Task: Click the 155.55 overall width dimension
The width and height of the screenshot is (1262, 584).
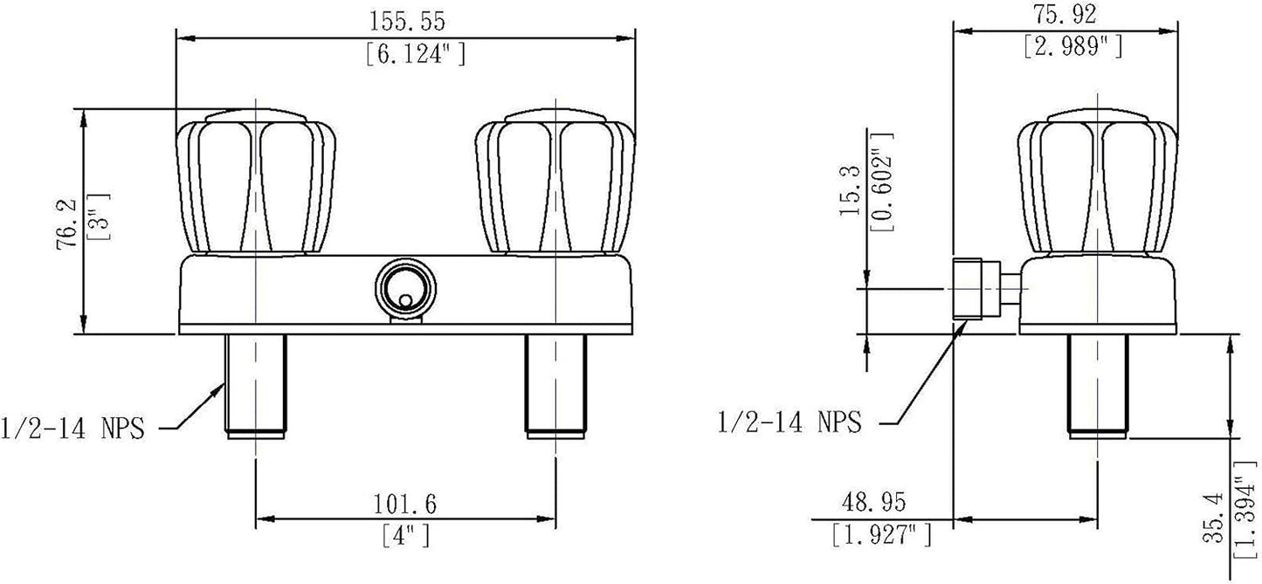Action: pos(407,22)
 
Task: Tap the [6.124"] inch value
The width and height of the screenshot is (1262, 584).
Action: pos(416,55)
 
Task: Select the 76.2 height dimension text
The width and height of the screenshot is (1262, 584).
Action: pos(67,226)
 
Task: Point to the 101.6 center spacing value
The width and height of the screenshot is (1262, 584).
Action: pos(405,504)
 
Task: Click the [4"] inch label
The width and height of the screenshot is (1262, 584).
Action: pos(405,536)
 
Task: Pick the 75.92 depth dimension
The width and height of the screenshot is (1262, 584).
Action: pos(1065,15)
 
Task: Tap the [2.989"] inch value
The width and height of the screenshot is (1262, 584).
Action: pos(1073,47)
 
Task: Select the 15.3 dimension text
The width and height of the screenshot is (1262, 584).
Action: pos(850,190)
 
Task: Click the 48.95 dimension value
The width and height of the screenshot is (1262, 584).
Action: pos(874,502)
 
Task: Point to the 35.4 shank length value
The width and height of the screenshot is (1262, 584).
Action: pos(1215,519)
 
